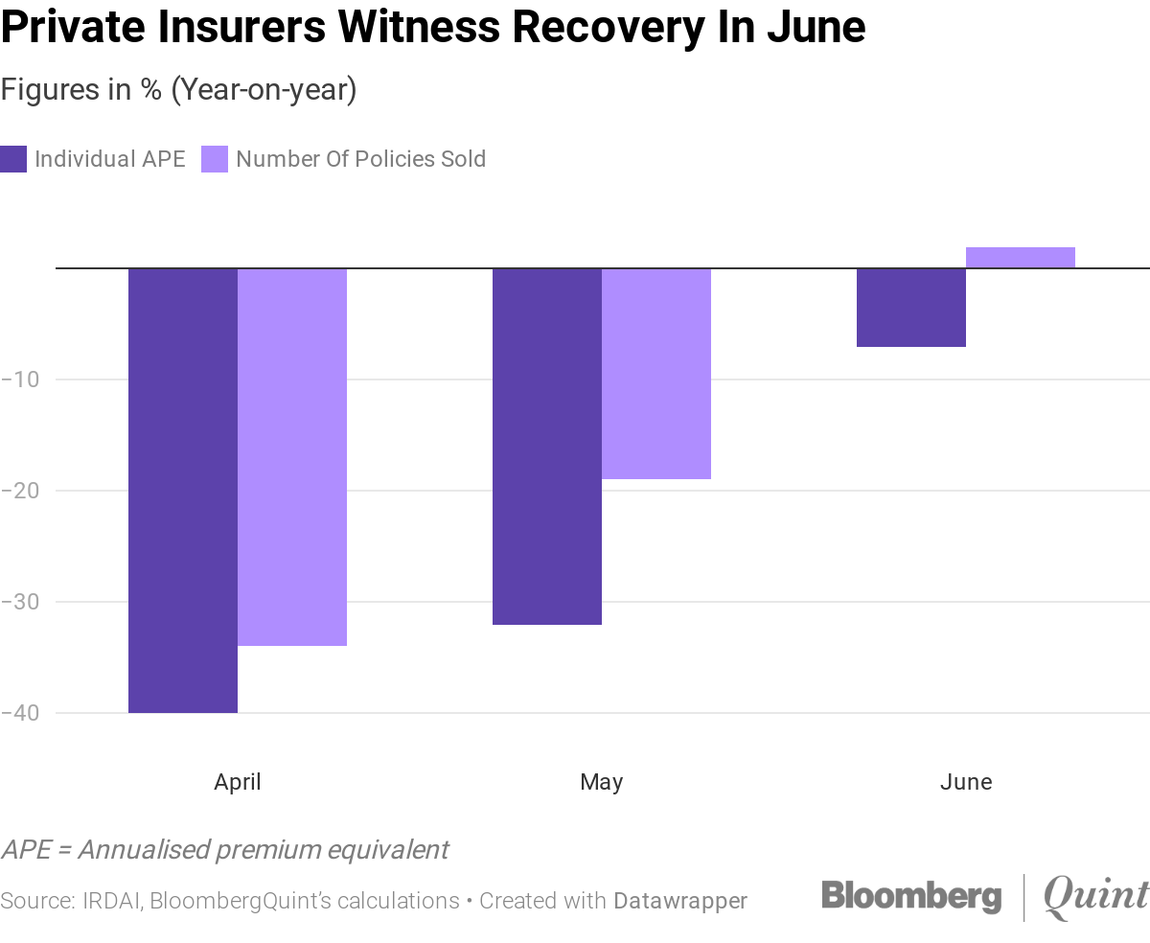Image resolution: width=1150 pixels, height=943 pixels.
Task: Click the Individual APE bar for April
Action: click(x=183, y=490)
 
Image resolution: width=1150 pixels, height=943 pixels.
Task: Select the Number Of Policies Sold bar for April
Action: click(x=292, y=456)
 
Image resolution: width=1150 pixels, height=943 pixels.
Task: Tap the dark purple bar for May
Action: click(x=547, y=446)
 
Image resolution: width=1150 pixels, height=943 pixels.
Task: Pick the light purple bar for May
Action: click(x=656, y=373)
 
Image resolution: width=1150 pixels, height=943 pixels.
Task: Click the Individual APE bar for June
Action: click(x=911, y=307)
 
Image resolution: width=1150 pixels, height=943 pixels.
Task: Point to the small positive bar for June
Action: click(x=1021, y=258)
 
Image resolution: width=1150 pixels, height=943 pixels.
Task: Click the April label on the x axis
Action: click(x=238, y=782)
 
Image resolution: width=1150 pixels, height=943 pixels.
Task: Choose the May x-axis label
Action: click(x=602, y=782)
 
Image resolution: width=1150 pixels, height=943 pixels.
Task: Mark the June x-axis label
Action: click(x=966, y=782)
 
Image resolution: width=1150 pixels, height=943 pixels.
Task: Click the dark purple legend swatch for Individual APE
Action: click(x=13, y=159)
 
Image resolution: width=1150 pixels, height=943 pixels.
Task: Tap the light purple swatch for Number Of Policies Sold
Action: click(x=215, y=159)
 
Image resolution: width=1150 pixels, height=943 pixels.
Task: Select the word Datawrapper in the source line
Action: click(x=680, y=901)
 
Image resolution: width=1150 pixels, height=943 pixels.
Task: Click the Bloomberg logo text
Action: click(x=911, y=896)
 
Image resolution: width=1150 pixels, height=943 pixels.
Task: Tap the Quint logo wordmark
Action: click(x=1095, y=897)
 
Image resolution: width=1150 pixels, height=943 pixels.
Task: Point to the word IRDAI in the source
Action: click(x=112, y=901)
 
